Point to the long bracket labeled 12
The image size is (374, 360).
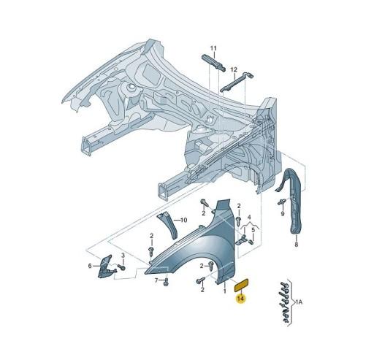point(235,83)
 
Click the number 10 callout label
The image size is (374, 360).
point(183,220)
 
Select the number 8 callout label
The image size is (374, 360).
point(296,245)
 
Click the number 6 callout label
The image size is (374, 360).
point(91,265)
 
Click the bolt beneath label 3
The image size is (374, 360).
point(122,267)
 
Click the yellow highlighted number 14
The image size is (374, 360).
point(241,298)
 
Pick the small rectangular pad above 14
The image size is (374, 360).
point(240,282)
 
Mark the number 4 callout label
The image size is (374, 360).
point(249,217)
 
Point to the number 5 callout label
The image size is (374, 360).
point(253,231)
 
